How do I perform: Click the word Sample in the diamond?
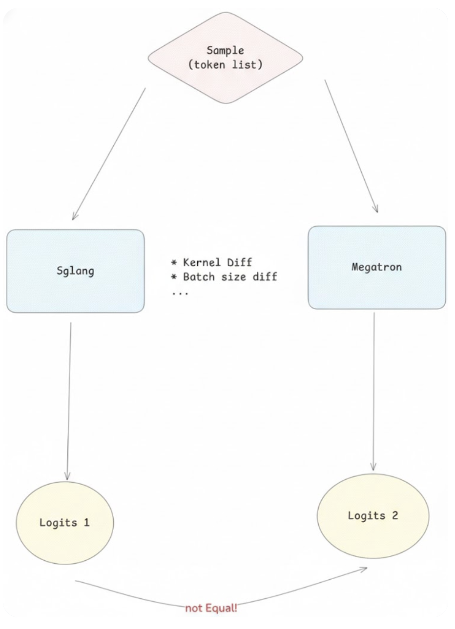[225, 51]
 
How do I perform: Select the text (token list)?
[225, 64]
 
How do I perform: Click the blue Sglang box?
[75, 293]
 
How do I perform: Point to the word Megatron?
[376, 267]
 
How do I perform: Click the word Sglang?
[75, 271]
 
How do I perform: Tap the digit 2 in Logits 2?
[394, 515]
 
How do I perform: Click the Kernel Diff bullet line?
[211, 262]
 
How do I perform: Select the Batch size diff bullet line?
[224, 277]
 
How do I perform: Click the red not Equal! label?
[211, 608]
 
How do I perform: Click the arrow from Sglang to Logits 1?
[69, 400]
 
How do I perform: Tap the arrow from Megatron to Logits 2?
[374, 390]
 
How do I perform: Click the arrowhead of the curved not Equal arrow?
[364, 569]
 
